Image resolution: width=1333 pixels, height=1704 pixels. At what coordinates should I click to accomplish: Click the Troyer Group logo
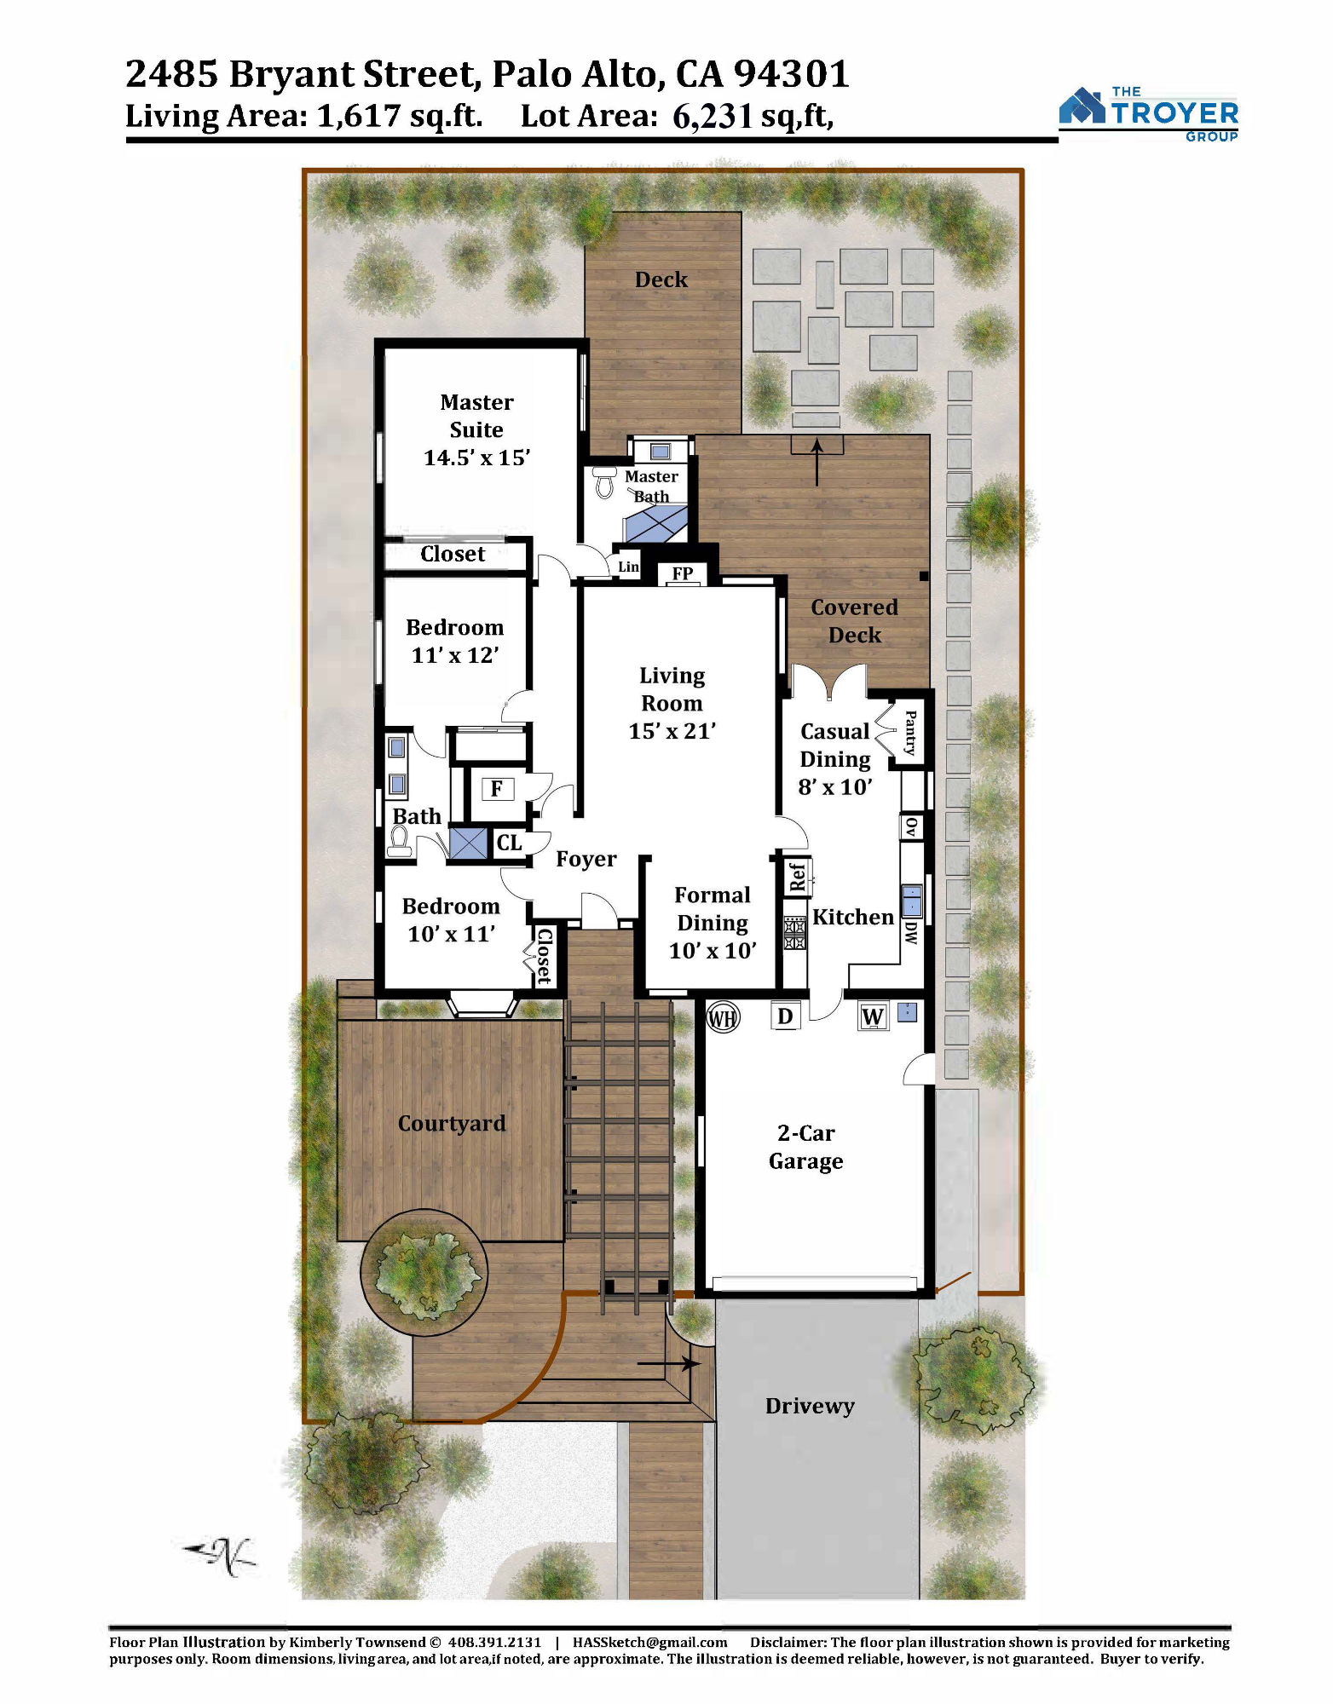pos(1148,113)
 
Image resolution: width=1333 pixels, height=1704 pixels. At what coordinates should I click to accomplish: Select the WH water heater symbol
pos(723,1017)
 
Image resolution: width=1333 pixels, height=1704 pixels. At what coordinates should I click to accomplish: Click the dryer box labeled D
pos(785,1016)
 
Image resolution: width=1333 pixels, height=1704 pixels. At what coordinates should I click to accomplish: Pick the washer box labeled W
pos(873,1016)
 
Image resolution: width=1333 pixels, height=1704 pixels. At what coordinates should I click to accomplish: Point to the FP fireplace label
pos(682,573)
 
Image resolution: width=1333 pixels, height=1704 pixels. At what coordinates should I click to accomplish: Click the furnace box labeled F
pos(497,789)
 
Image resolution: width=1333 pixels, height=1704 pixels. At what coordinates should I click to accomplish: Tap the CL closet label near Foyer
pos(509,843)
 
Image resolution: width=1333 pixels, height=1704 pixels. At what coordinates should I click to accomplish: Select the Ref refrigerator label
pos(798,877)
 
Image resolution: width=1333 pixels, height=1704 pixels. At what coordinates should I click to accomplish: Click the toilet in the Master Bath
pos(604,482)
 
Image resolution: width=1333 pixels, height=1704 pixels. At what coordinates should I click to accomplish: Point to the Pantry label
pos(910,733)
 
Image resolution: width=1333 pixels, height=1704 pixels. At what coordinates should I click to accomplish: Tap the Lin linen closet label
pos(628,567)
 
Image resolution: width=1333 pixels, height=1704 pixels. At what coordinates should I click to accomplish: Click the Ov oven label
pos(911,826)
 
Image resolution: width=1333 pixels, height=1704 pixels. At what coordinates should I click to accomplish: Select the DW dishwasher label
pos(911,932)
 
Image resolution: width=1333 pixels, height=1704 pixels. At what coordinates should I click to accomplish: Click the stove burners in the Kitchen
pos(795,932)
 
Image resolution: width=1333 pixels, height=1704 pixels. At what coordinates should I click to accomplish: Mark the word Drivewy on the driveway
pos(810,1406)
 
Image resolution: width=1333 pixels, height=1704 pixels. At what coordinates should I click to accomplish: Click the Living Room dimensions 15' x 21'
pos(672,731)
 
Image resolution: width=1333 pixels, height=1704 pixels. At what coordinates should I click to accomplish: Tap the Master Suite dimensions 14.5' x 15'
pos(476,458)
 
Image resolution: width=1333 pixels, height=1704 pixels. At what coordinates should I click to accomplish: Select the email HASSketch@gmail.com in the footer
pos(649,1642)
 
